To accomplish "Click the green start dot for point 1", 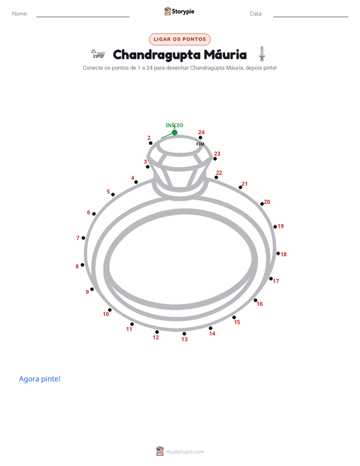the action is [x=174, y=133].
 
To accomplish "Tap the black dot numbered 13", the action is [x=184, y=334].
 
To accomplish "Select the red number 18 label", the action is [x=284, y=254].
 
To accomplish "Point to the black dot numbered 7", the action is [x=83, y=238].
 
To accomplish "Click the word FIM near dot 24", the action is [x=200, y=144].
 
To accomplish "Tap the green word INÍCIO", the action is [x=174, y=125].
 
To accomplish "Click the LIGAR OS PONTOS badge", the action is [x=179, y=39].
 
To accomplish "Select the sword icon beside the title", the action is [x=262, y=54].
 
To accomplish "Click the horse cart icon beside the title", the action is [x=98, y=54].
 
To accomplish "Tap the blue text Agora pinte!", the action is [x=40, y=379].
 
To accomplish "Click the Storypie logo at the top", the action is [x=179, y=11].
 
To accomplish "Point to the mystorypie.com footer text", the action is [x=185, y=452].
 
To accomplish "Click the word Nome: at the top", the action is [x=20, y=14].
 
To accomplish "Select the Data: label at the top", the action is [x=256, y=14].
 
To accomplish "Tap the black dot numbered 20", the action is [x=262, y=204].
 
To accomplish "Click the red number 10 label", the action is [x=106, y=314].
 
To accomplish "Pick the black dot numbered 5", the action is [x=113, y=195].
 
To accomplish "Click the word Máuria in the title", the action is [x=225, y=54].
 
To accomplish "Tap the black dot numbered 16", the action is [x=256, y=301].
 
